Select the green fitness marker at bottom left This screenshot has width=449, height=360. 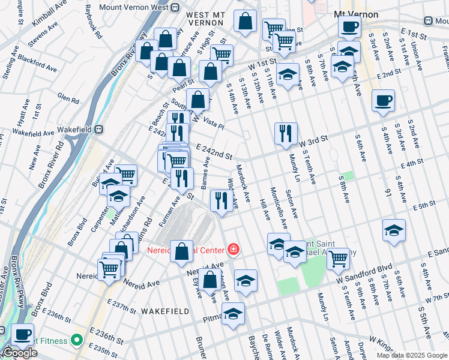point(76,340)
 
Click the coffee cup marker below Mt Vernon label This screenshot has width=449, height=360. point(349,27)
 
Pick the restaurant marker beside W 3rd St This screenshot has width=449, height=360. point(286,133)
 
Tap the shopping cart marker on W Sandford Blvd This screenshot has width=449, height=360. point(339,259)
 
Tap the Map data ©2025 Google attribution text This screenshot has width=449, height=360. point(412,355)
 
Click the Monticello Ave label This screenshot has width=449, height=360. point(279,208)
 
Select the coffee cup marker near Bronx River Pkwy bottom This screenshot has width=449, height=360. point(23,334)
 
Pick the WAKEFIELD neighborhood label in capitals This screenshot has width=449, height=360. point(165,311)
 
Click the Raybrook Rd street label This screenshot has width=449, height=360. point(94,20)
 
